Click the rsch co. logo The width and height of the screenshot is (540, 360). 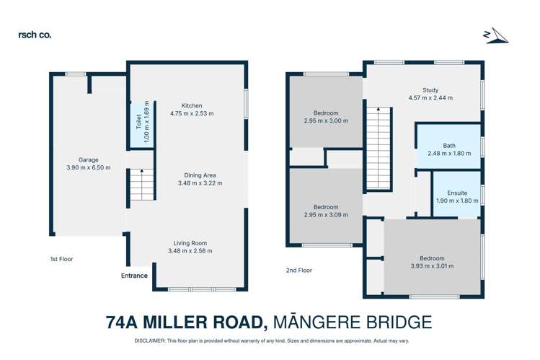tap(35, 34)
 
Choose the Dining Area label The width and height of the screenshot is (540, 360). tap(200, 175)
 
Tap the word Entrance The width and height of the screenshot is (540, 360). tap(134, 276)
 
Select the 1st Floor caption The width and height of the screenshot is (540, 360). tap(61, 259)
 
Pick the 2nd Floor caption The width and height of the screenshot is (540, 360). tap(298, 271)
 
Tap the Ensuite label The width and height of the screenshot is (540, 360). tap(457, 193)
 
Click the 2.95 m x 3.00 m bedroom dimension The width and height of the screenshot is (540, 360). tap(326, 122)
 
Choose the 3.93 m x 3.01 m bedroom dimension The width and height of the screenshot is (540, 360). tap(433, 266)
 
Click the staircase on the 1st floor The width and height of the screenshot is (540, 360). tap(142, 184)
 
